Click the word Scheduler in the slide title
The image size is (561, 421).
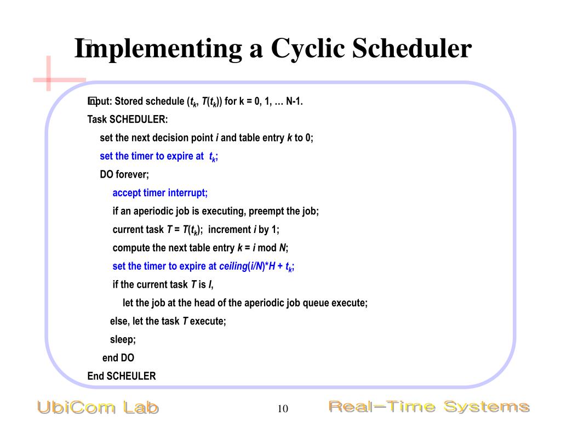point(411,48)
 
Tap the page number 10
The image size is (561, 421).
point(283,409)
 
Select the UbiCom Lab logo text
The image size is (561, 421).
point(98,407)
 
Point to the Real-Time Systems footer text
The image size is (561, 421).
point(428,407)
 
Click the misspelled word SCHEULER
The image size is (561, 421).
point(131,376)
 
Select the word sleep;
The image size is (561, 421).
point(123,339)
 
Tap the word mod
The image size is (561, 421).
point(267,248)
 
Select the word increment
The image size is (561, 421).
point(229,229)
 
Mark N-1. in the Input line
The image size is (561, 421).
point(294,101)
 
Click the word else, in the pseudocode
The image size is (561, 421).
point(120,321)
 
